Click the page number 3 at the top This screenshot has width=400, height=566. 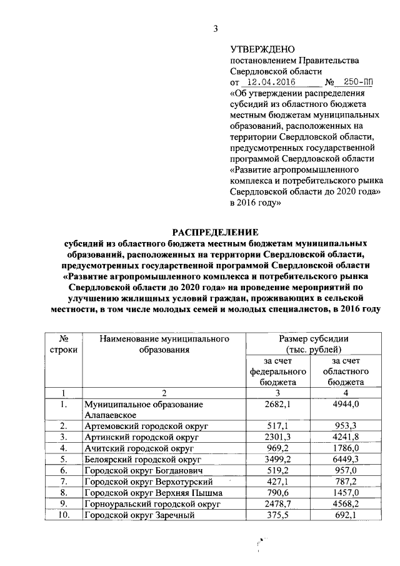(216, 28)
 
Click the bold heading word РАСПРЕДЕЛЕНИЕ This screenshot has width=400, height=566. (216, 231)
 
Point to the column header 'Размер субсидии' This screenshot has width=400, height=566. (313, 338)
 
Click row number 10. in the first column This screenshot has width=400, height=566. (60, 515)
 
